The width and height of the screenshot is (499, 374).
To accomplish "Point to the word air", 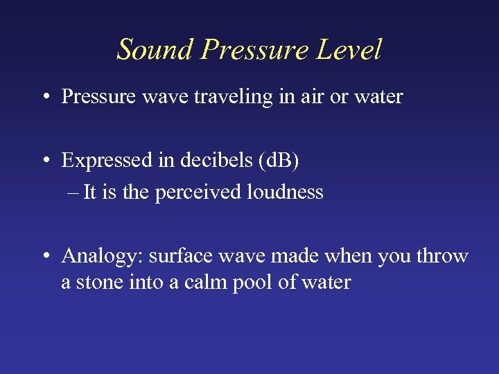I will [309, 97].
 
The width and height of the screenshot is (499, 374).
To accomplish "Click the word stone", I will [91, 283].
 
